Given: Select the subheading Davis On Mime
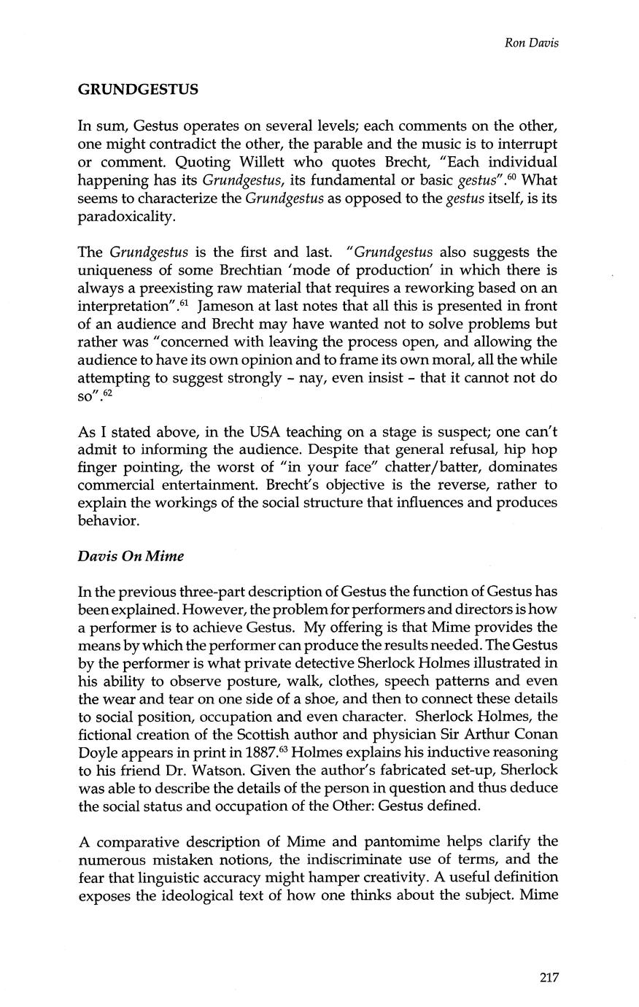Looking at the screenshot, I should pos(131,556).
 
